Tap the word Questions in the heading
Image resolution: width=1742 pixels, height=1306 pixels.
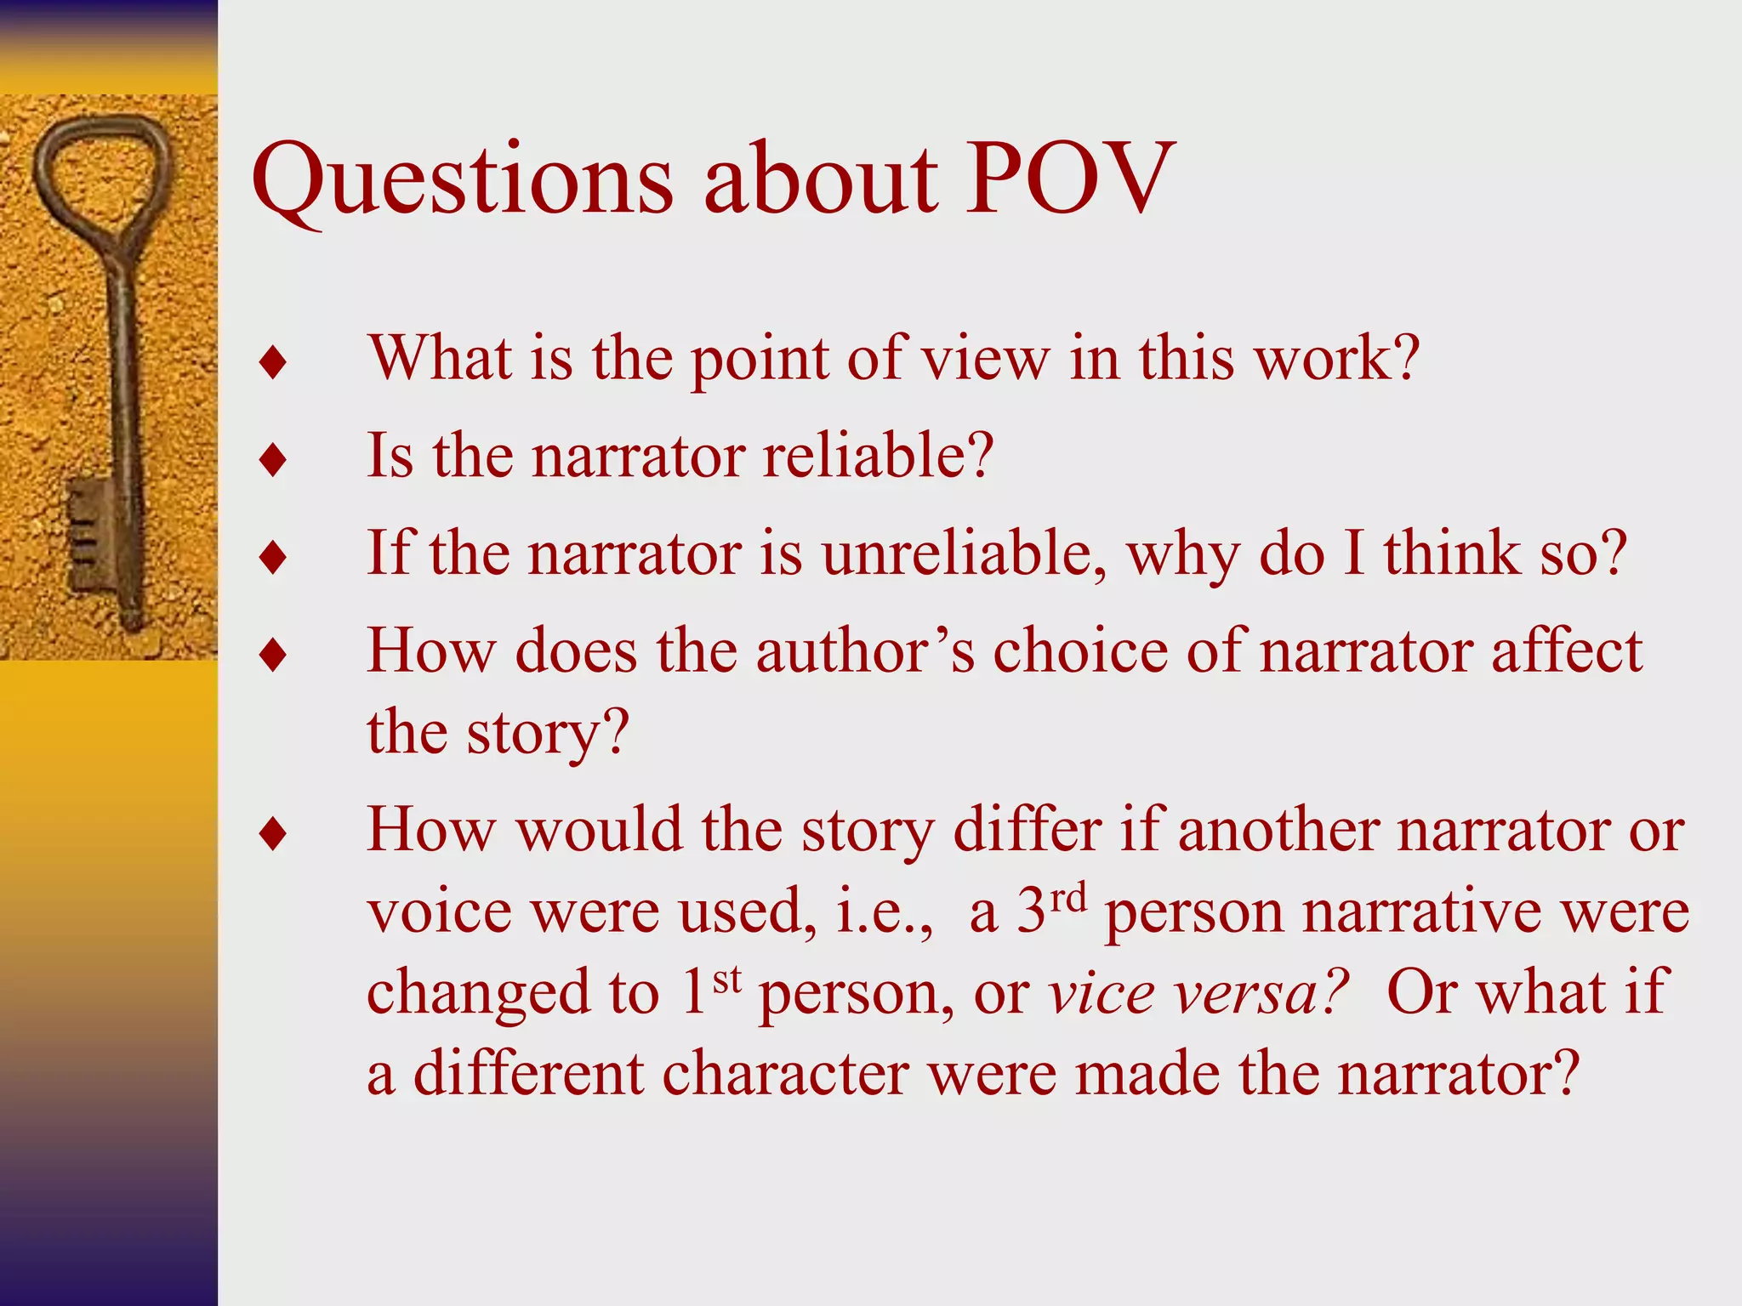(x=463, y=180)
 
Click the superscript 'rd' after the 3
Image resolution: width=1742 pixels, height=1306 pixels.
(x=1067, y=897)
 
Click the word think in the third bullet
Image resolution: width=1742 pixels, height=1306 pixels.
(x=1451, y=554)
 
